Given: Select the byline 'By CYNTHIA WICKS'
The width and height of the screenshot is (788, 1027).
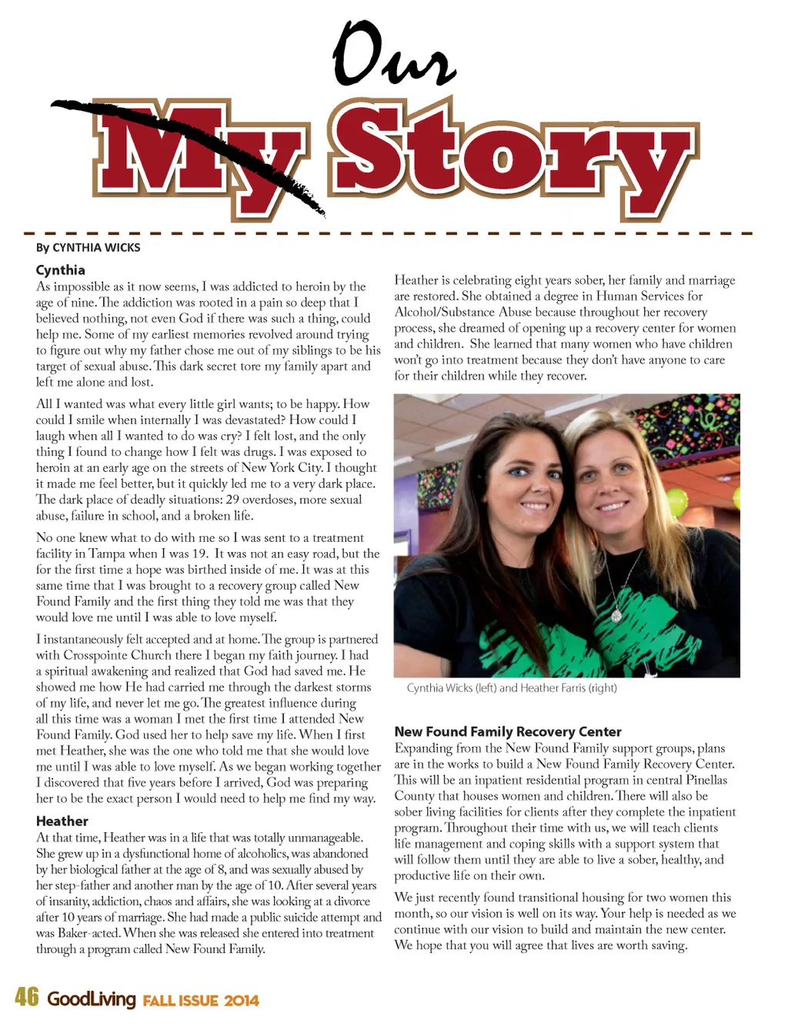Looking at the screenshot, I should click(88, 247).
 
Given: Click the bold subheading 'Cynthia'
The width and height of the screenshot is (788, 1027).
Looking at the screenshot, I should click(60, 269).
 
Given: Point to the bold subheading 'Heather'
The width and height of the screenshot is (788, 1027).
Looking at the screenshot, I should click(62, 821).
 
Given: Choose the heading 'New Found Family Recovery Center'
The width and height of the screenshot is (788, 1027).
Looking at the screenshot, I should click(508, 731).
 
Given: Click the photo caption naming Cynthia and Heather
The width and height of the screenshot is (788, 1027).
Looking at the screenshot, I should click(512, 687).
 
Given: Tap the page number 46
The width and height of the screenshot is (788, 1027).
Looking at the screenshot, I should click(26, 997).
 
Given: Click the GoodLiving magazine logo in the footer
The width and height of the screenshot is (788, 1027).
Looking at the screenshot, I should click(91, 999).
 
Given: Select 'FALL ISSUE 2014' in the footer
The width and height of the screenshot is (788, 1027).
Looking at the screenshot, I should click(201, 1001).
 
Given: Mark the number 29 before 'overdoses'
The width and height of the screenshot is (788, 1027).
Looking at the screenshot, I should click(232, 500).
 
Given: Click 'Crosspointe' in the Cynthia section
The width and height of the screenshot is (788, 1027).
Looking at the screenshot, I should click(96, 655).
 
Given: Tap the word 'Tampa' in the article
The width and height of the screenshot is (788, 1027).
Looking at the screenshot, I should click(107, 554).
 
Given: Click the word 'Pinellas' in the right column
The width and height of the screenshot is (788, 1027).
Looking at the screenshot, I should click(706, 780).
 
